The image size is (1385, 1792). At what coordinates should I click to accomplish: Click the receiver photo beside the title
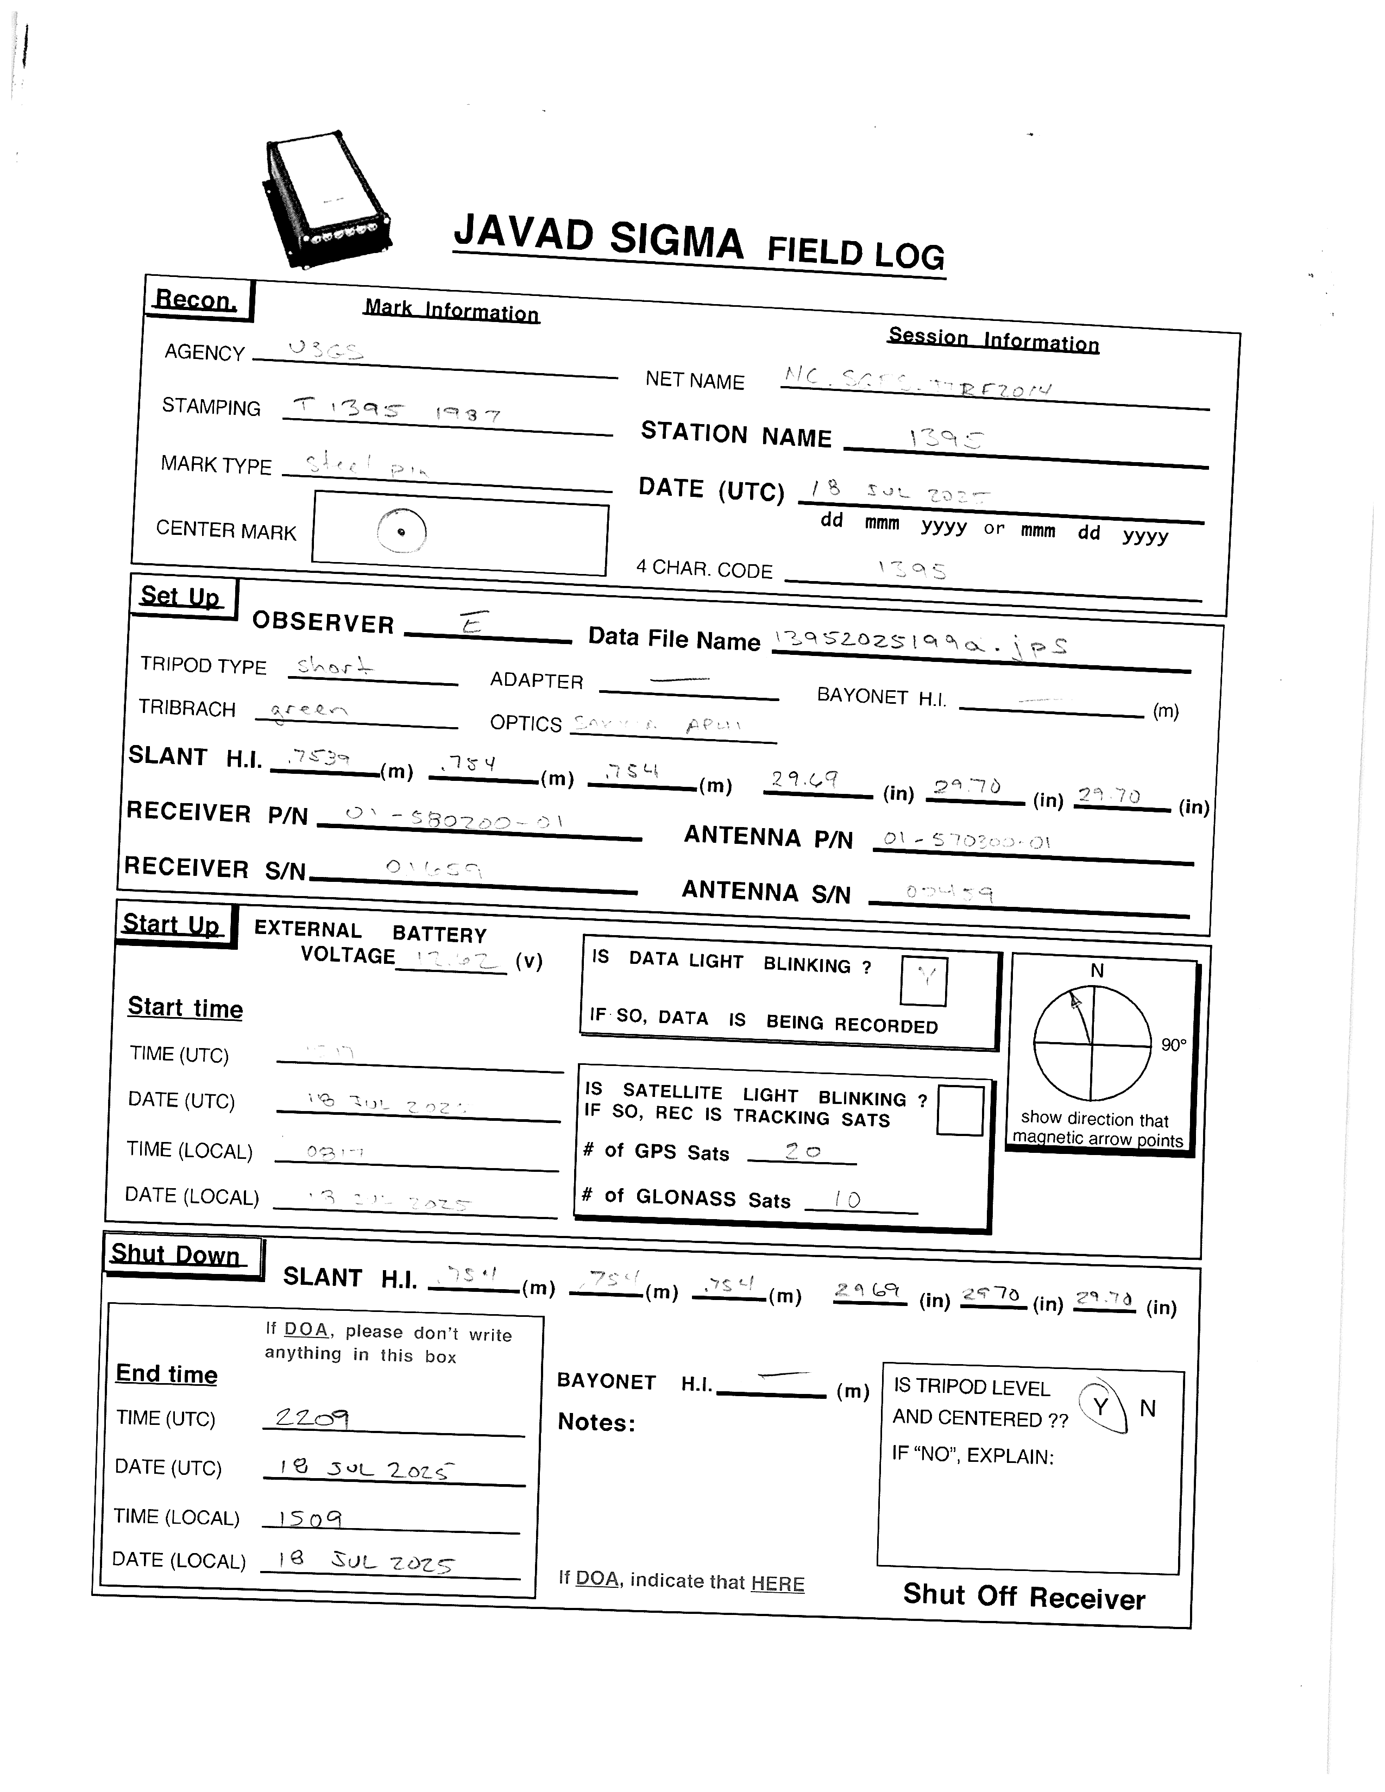[326, 199]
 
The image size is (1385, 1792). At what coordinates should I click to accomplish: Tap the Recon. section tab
[197, 300]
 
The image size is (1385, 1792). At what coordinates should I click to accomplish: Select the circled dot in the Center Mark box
[401, 531]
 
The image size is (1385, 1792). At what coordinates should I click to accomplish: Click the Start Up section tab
[172, 925]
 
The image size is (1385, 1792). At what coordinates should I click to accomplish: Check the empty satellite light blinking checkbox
[959, 1111]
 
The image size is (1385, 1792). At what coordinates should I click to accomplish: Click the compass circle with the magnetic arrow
[1092, 1044]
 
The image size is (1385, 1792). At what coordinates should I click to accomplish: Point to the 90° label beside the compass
[1173, 1044]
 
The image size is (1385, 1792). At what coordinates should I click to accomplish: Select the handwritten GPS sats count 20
[802, 1151]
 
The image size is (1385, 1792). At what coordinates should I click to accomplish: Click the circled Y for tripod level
[1101, 1406]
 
